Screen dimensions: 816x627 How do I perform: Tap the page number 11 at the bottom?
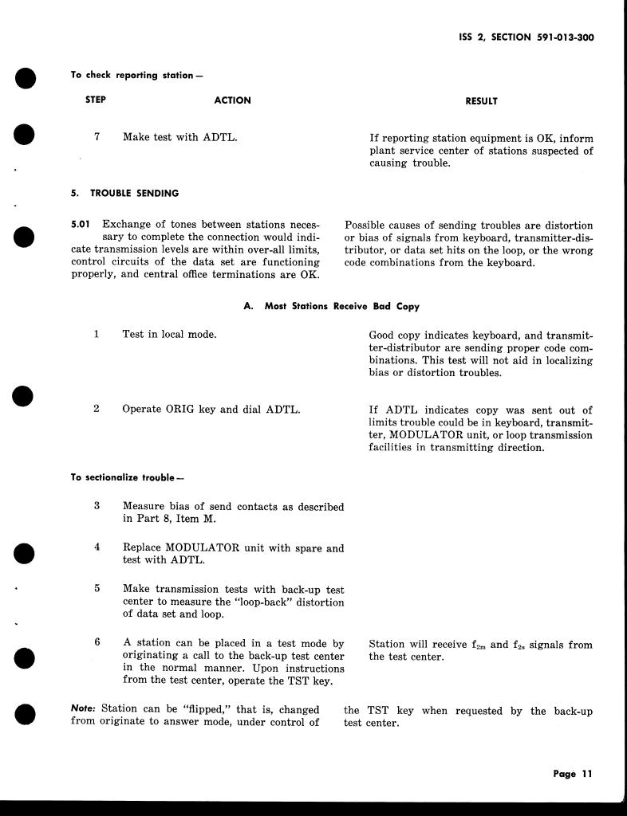tap(586, 774)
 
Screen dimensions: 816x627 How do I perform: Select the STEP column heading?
tap(96, 100)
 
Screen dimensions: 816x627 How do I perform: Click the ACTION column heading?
tap(232, 100)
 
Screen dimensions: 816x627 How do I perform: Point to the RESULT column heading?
tap(481, 101)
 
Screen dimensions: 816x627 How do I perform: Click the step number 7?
tap(97, 137)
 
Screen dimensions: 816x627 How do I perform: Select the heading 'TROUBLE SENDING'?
tap(134, 193)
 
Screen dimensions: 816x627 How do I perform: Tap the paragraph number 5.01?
tap(83, 226)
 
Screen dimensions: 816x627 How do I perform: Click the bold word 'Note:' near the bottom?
tap(84, 710)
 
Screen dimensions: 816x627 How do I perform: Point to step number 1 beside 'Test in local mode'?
tap(97, 334)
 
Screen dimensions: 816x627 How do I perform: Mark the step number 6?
tap(97, 641)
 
